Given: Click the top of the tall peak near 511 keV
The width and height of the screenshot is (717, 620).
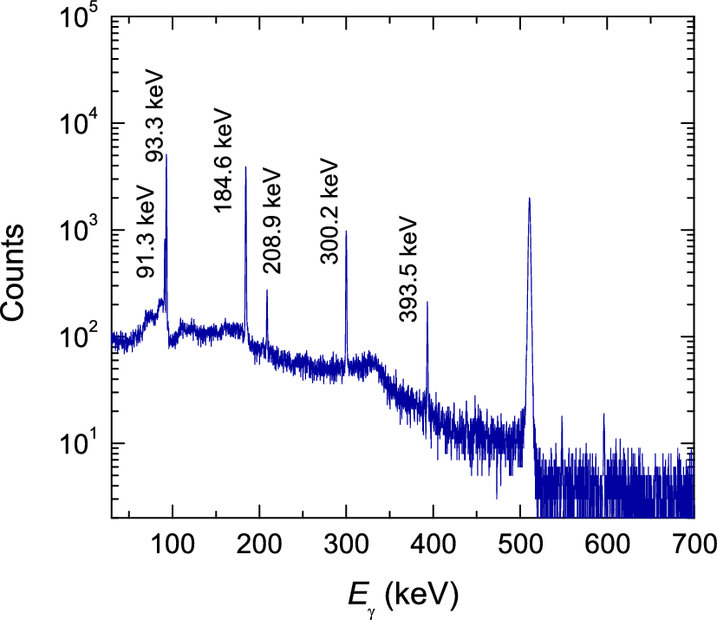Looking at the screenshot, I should (x=529, y=199).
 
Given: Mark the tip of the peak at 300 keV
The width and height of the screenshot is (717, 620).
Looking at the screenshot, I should (x=347, y=232).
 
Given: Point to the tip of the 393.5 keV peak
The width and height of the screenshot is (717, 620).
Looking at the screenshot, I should (x=427, y=303).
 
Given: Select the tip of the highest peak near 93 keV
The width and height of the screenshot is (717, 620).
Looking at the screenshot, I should (x=166, y=155).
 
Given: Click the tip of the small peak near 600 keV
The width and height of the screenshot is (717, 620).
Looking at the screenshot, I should (x=603, y=414).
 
